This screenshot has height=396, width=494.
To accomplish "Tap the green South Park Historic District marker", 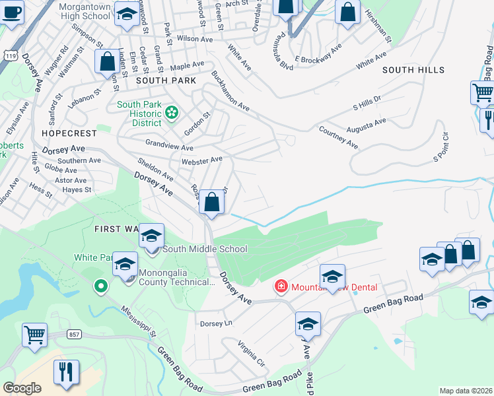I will (x=172, y=113).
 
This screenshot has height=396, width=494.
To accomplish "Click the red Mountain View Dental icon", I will (x=281, y=286).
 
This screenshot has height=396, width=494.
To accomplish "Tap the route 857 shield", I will (x=73, y=335).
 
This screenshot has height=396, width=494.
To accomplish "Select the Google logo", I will (x=22, y=388).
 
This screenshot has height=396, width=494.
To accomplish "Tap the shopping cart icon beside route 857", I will (x=34, y=334).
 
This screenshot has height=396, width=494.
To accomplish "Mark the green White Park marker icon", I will (x=100, y=286).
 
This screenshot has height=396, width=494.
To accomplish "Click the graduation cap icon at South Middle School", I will (x=151, y=235).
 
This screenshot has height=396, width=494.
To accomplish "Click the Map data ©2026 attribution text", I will (x=466, y=391).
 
